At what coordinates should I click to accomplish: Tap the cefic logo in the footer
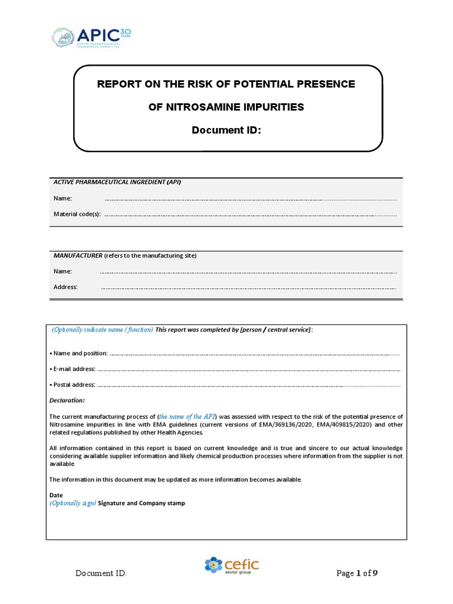[x=231, y=566]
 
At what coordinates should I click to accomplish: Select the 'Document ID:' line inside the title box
[x=226, y=129]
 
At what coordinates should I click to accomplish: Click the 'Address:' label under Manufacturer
[x=65, y=287]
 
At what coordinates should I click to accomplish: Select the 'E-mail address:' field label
[x=72, y=369]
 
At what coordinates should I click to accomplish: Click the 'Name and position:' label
[x=79, y=353]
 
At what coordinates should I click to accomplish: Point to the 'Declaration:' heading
[x=67, y=400]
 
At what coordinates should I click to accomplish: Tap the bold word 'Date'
[x=55, y=495]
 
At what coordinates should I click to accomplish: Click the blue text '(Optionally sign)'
[x=72, y=503]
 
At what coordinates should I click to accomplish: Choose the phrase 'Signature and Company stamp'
[x=142, y=503]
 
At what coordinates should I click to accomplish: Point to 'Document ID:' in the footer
[x=101, y=574]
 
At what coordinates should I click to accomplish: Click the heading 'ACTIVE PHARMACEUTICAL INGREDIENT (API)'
[x=117, y=182]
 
